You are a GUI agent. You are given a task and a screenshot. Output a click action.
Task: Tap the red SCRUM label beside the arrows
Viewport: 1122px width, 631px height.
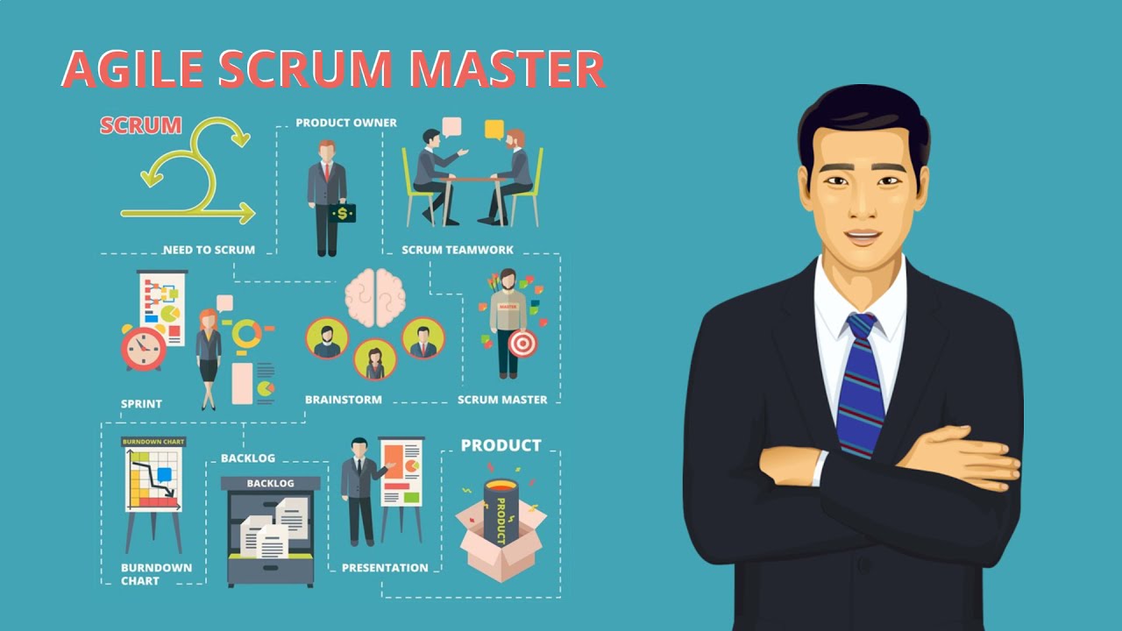click(x=140, y=125)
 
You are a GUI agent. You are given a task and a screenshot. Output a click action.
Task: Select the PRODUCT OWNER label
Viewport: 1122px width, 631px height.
click(x=345, y=123)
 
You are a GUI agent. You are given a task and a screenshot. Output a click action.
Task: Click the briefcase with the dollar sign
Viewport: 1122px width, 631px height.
click(x=343, y=212)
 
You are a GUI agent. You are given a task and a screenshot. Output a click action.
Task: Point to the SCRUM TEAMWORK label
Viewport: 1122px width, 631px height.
click(x=458, y=250)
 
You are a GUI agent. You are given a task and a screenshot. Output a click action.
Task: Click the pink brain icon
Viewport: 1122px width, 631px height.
click(x=375, y=297)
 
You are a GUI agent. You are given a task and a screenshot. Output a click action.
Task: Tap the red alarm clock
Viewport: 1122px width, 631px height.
click(x=143, y=348)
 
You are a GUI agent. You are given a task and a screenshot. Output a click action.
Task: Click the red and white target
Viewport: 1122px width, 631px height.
click(x=522, y=344)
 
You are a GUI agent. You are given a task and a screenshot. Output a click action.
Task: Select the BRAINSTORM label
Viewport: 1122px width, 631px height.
click(x=343, y=400)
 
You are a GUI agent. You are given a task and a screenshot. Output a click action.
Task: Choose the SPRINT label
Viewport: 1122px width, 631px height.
click(x=141, y=404)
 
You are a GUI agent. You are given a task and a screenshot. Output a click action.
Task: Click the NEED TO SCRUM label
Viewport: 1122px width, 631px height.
click(x=209, y=250)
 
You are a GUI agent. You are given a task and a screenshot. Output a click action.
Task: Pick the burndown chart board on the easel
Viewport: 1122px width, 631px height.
click(x=153, y=478)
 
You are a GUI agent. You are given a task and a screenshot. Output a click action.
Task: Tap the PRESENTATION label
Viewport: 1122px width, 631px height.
click(x=385, y=568)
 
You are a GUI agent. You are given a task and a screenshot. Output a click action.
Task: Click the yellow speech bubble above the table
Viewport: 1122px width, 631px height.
click(x=494, y=130)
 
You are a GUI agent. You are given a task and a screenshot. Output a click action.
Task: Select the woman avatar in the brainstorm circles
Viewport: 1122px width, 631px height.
click(x=375, y=359)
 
